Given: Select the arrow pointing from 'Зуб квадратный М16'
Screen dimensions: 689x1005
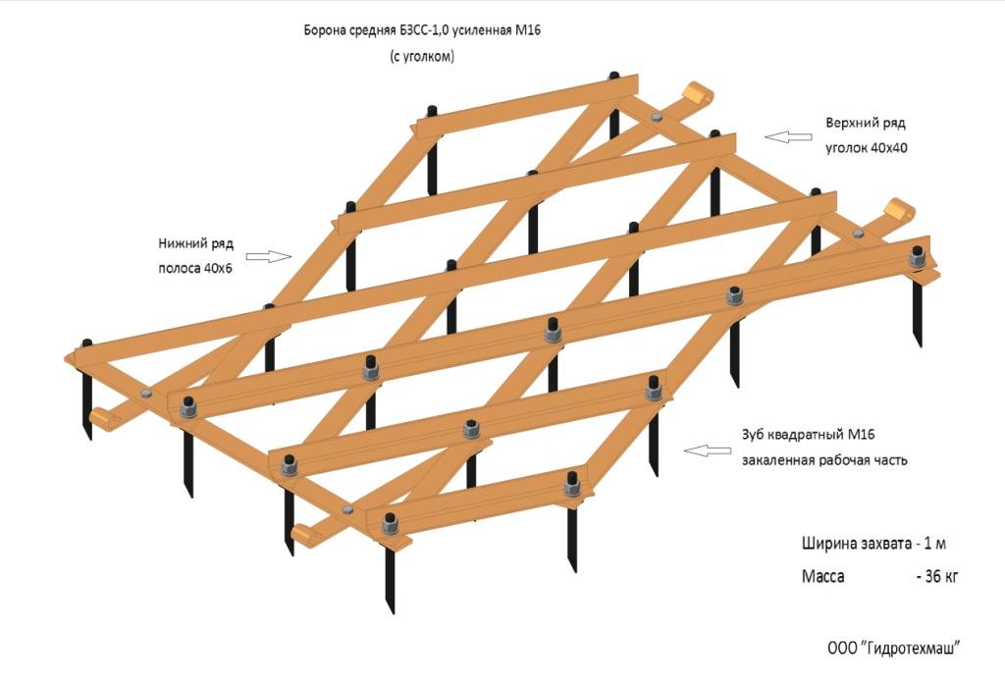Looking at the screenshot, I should [x=707, y=450].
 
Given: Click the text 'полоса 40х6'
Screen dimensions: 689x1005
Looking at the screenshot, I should [x=195, y=268].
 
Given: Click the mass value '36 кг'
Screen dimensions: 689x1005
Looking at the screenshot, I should [x=935, y=576].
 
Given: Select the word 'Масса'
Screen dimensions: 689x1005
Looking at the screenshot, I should [x=822, y=576].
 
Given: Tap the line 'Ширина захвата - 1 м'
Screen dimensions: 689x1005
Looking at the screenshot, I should [x=873, y=543].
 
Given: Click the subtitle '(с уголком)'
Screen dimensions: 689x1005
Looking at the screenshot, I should [x=422, y=56].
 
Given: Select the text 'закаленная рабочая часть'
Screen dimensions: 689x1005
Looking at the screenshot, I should [x=818, y=459].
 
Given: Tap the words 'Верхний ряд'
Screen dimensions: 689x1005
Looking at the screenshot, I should [x=865, y=124].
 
